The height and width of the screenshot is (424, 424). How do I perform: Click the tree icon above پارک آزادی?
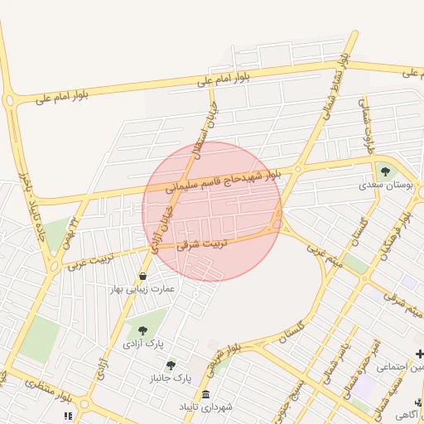(143, 330)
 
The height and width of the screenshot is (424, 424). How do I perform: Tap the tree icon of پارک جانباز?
(171, 365)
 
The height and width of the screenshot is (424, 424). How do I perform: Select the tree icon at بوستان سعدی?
(385, 171)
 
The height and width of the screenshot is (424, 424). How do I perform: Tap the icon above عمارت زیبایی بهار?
(143, 277)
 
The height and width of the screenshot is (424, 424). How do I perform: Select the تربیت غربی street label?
(88, 261)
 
